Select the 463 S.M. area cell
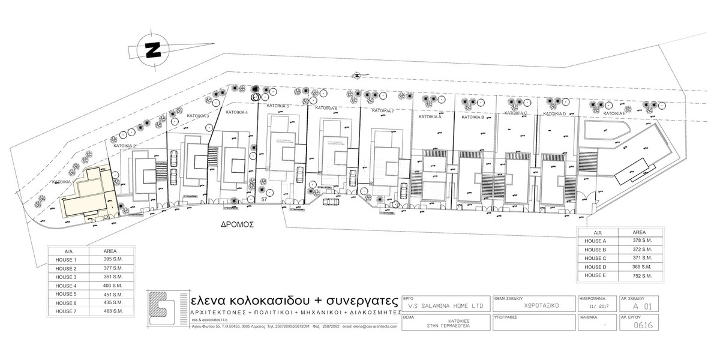click(114, 311)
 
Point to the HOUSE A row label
click(596, 240)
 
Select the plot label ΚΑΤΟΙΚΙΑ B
click(473, 117)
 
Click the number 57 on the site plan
click(264, 199)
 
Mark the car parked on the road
click(330, 202)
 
